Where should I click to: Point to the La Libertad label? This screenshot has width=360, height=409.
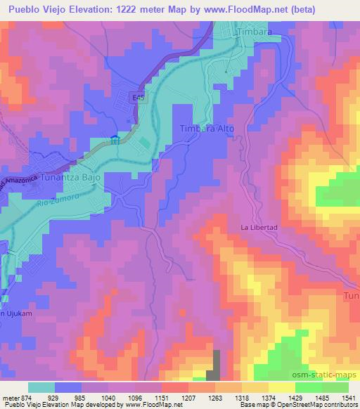[x=259, y=227]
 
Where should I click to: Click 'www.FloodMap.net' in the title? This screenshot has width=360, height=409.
[x=233, y=10]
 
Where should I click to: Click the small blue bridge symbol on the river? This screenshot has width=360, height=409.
[x=115, y=140]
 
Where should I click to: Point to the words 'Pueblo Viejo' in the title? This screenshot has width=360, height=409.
[x=36, y=10]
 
